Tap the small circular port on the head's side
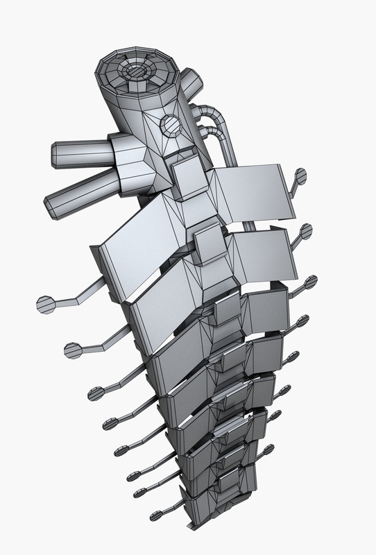[170, 126]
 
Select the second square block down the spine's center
[209, 244]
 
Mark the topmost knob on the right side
[301, 176]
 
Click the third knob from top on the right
[311, 282]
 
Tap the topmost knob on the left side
[46, 304]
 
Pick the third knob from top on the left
[96, 393]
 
